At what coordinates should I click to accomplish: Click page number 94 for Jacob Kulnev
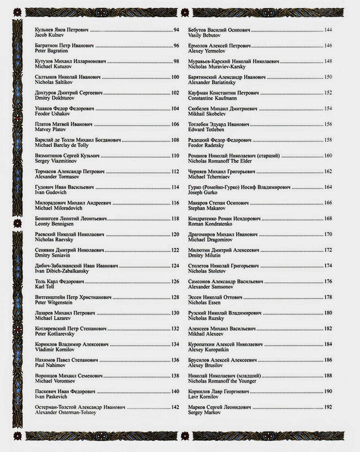(x=176, y=30)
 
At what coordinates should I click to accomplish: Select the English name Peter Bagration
(x=51, y=51)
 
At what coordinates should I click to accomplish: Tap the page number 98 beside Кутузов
(x=176, y=61)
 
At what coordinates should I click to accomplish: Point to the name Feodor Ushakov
(x=52, y=114)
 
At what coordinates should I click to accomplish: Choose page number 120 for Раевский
(x=175, y=234)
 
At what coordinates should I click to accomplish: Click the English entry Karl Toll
(x=45, y=287)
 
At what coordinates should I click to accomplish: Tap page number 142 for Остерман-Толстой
(x=175, y=407)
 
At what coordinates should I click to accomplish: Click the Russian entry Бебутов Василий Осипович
(x=219, y=30)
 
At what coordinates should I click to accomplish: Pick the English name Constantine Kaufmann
(x=213, y=98)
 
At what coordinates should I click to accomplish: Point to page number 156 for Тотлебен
(x=328, y=124)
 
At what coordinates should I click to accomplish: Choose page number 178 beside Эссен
(x=328, y=297)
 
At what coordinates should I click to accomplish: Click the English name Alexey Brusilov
(x=206, y=365)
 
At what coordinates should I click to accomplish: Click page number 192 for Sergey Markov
(x=328, y=407)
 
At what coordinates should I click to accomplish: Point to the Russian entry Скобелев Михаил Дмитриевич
(x=223, y=109)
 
